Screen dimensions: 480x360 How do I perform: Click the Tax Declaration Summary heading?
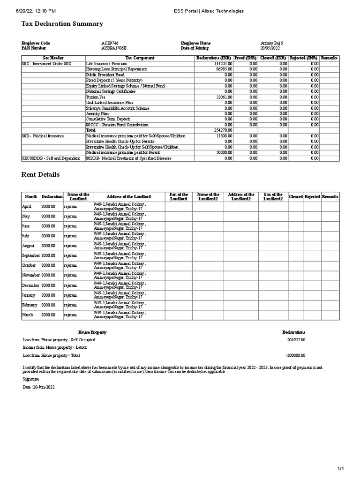62,24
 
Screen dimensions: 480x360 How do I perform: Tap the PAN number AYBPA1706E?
114,48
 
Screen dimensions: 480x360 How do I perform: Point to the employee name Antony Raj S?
272,43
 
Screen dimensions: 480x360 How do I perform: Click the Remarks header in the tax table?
329,58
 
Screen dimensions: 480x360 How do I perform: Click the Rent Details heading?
41,175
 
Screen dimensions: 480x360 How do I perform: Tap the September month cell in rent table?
31,255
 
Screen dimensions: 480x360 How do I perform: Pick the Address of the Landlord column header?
128,197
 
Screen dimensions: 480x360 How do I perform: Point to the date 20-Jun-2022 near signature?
39,387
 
